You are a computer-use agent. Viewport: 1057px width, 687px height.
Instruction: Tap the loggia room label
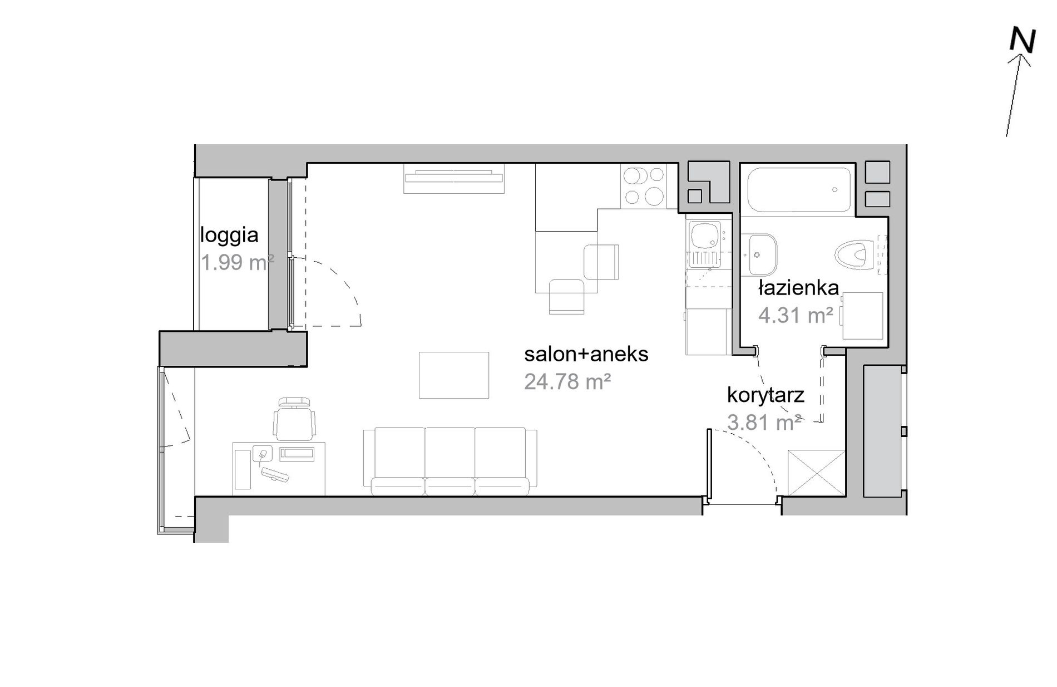pyautogui.click(x=229, y=235)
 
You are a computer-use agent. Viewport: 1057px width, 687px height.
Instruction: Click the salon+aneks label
pyautogui.click(x=586, y=354)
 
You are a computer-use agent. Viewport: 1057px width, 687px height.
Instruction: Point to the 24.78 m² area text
pyautogui.click(x=568, y=381)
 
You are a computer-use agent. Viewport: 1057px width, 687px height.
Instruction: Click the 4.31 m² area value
pyautogui.click(x=796, y=316)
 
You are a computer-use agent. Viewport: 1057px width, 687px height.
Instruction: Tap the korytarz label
pyautogui.click(x=765, y=395)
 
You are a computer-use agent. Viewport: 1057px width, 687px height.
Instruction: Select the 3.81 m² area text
pyautogui.click(x=764, y=423)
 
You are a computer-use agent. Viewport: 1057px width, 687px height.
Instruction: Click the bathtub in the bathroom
pyautogui.click(x=799, y=190)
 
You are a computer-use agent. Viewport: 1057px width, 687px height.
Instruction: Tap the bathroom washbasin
pyautogui.click(x=759, y=254)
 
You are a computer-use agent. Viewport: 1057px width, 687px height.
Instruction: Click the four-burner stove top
pyautogui.click(x=644, y=186)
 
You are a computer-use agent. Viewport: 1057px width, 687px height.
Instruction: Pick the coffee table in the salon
pyautogui.click(x=454, y=375)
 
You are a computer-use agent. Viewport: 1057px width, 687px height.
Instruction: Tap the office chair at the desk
pyautogui.click(x=294, y=418)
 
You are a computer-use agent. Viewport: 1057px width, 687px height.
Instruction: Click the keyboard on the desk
pyautogui.click(x=276, y=474)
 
